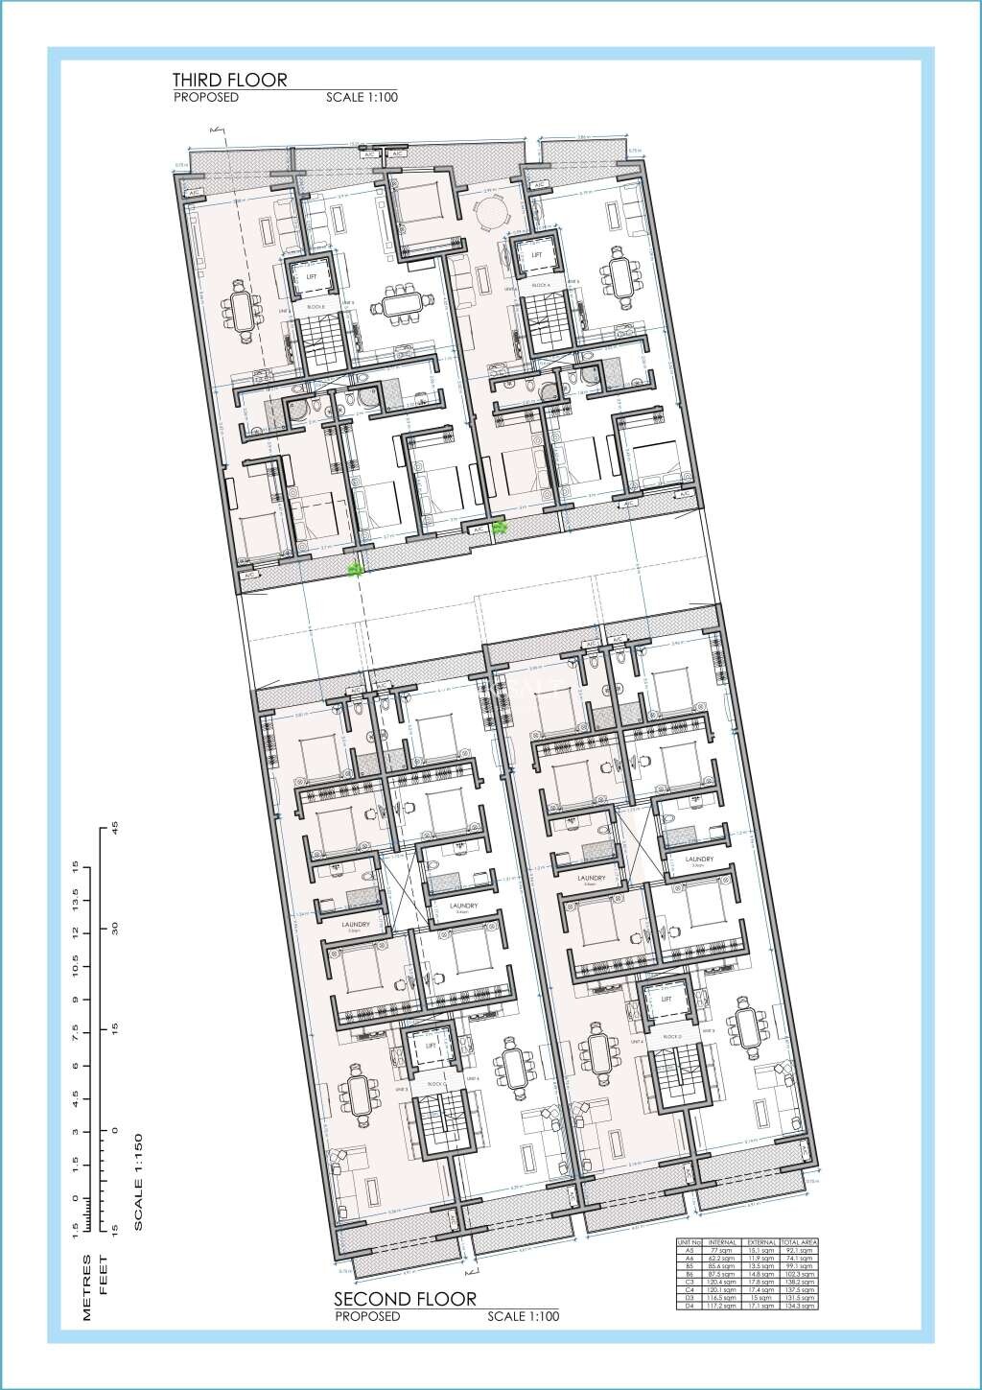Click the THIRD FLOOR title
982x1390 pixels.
coord(229,80)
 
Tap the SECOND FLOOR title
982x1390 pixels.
coord(405,1299)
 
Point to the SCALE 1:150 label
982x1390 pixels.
coord(138,1182)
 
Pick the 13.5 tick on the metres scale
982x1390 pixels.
coord(88,900)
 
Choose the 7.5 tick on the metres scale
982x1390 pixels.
coord(88,1032)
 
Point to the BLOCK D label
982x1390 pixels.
coord(671,1037)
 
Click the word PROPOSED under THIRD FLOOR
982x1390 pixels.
coord(205,97)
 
